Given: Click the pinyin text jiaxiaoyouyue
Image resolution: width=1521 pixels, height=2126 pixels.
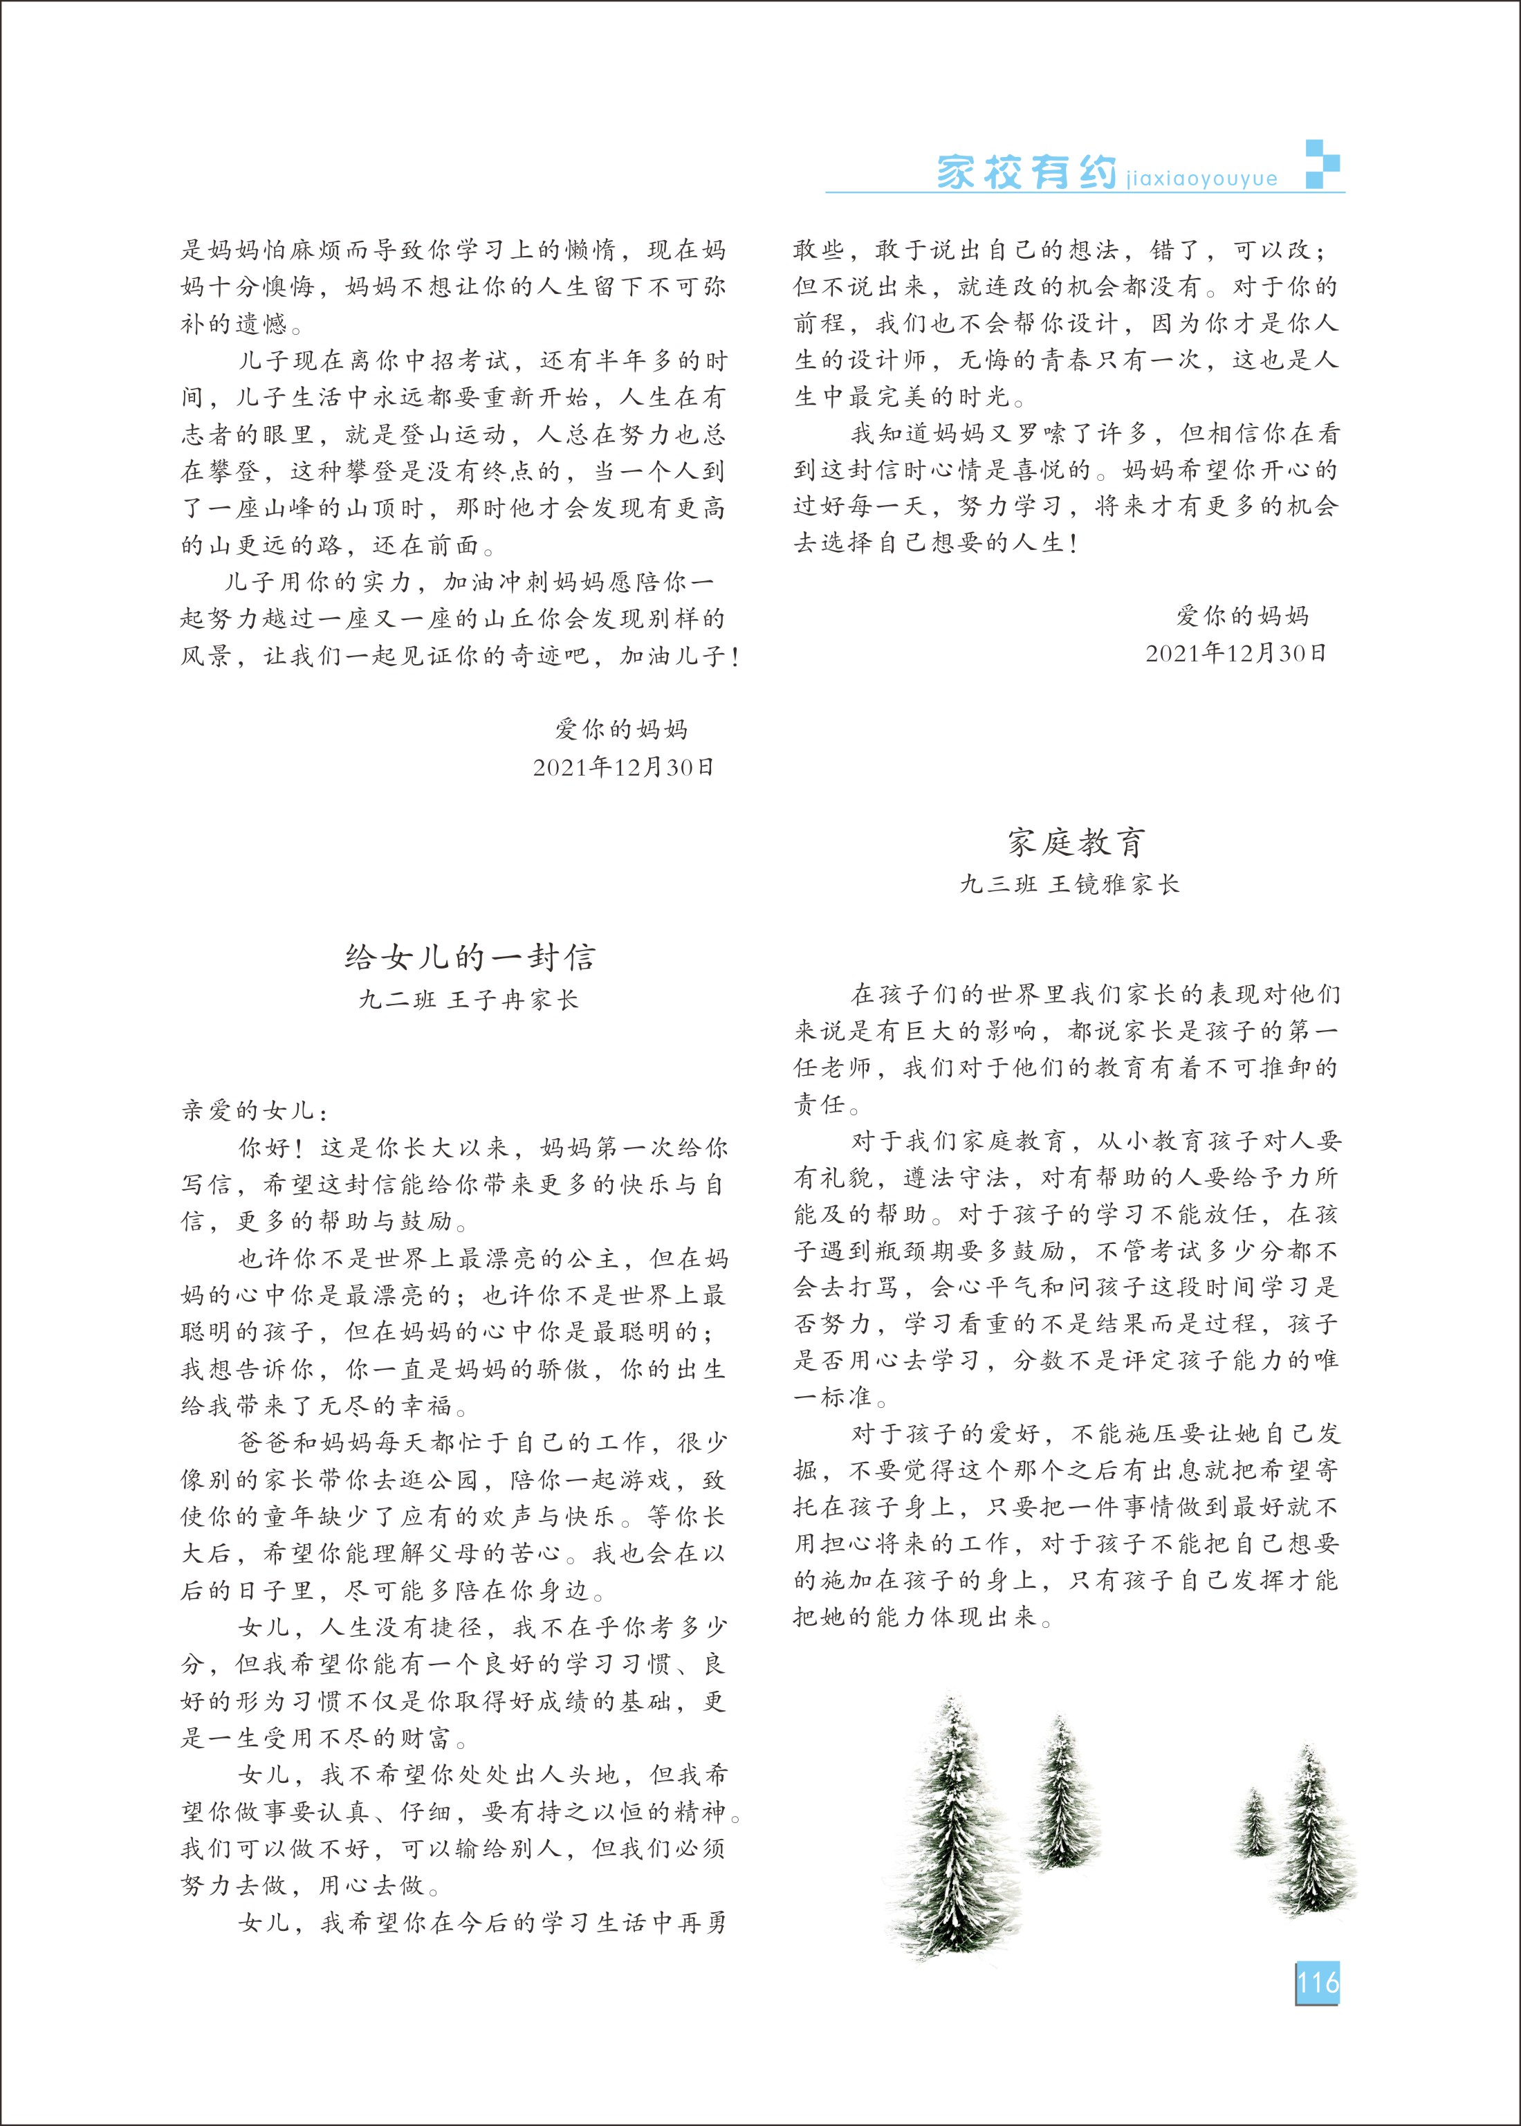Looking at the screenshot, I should coord(1201,178).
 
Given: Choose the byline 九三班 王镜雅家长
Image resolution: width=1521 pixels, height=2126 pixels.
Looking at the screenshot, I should coord(1069,884).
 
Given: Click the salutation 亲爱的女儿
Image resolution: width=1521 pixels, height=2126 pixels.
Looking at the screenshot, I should coord(254,1111).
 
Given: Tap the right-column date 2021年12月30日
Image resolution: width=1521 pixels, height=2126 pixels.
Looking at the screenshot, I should coord(1235,654).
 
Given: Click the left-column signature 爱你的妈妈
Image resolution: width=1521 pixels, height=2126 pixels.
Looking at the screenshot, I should coord(621,728).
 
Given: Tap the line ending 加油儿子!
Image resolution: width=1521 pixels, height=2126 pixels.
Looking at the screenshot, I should coord(460,657).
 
